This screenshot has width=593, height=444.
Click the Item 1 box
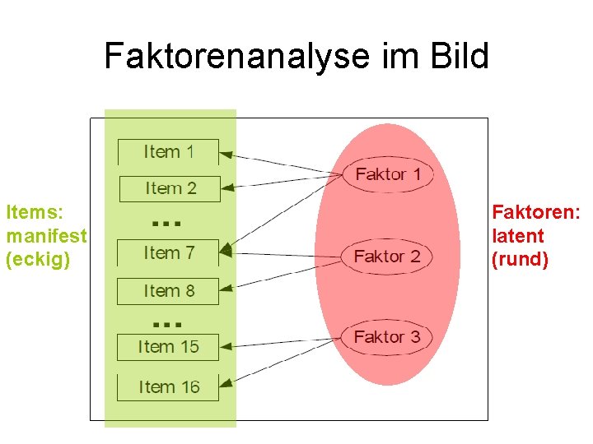[169, 152]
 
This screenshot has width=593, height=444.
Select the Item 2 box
[170, 188]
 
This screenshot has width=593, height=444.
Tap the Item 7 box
[169, 253]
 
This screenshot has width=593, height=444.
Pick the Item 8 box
[169, 291]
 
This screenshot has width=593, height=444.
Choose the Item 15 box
[169, 347]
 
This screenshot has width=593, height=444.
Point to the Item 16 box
[169, 387]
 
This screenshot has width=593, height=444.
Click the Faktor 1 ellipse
[387, 174]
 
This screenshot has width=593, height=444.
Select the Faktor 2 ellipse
[387, 257]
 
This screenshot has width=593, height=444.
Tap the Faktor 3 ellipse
[387, 337]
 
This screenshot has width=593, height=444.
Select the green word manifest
[46, 236]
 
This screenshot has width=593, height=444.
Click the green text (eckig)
[38, 259]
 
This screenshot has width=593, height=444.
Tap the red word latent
[518, 236]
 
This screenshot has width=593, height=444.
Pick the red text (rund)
[520, 260]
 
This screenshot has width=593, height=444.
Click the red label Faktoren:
[536, 212]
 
